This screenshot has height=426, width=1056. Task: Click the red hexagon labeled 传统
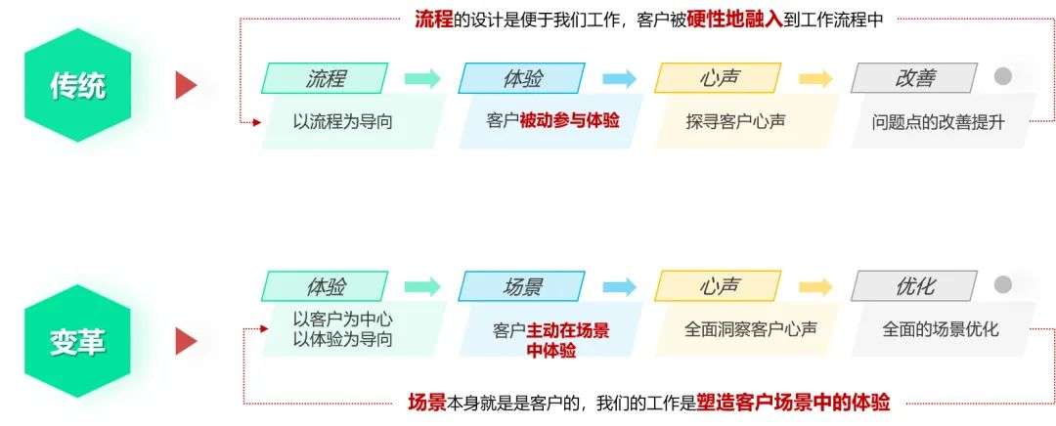[77, 85]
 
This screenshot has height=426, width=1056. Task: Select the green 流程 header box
[325, 78]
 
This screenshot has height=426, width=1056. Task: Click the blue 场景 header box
[521, 287]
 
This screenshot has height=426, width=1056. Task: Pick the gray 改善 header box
[914, 78]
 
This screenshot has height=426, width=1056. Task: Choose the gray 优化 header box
[914, 287]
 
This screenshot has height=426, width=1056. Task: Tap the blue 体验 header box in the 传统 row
[521, 78]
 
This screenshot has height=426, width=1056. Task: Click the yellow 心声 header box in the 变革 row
[719, 287]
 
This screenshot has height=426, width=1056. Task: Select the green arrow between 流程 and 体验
[422, 79]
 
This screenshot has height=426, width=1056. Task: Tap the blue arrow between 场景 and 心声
[619, 287]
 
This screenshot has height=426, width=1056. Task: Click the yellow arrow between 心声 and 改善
[815, 79]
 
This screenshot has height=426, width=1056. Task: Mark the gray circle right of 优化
[1002, 285]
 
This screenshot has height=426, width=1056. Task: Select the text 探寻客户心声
[736, 122]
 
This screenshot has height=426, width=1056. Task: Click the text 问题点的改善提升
[937, 122]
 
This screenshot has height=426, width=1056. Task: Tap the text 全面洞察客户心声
[750, 329]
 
